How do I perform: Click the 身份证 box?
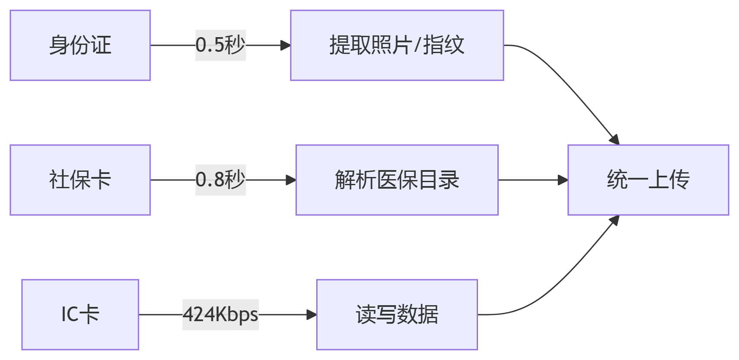click(x=80, y=45)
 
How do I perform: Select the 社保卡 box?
click(x=80, y=180)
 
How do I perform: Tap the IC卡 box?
click(x=80, y=315)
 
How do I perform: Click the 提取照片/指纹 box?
click(x=397, y=45)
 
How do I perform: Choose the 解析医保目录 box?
click(x=397, y=180)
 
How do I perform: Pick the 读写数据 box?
click(x=397, y=315)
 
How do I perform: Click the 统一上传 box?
click(x=648, y=180)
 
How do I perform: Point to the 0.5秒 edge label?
click(x=220, y=45)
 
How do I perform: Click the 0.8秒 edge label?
click(x=220, y=180)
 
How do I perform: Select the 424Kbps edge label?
click(x=220, y=315)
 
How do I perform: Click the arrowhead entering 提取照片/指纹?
click(x=286, y=45)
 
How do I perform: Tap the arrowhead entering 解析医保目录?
click(x=291, y=180)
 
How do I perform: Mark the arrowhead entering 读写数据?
click(x=312, y=315)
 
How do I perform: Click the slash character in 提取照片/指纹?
click(x=417, y=45)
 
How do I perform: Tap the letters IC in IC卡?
click(x=70, y=315)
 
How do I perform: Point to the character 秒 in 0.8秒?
click(x=235, y=180)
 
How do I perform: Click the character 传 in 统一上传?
click(x=679, y=180)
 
